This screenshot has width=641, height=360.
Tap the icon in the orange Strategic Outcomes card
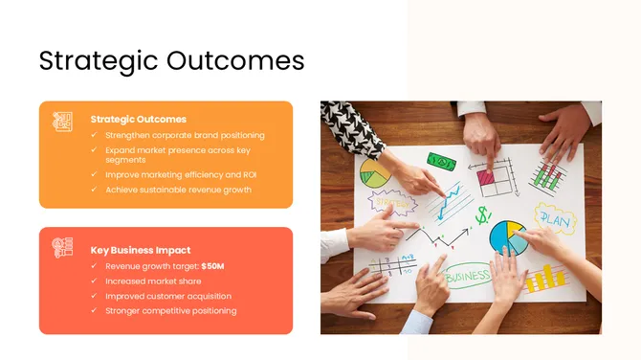coord(63,122)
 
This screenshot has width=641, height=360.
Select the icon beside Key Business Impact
coord(63,248)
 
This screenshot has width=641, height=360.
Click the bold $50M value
coord(213,265)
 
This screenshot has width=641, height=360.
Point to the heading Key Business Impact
coord(141,250)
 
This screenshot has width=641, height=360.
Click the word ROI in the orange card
coord(250,175)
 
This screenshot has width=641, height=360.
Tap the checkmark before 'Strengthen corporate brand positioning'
coord(94,136)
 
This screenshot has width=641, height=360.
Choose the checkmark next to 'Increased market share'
coord(94,281)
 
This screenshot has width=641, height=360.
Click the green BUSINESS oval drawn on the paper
coord(467,276)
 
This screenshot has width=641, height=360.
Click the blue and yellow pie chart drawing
coord(507,236)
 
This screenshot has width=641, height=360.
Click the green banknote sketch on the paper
coord(441,162)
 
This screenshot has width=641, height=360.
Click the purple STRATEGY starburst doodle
coord(393,202)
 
